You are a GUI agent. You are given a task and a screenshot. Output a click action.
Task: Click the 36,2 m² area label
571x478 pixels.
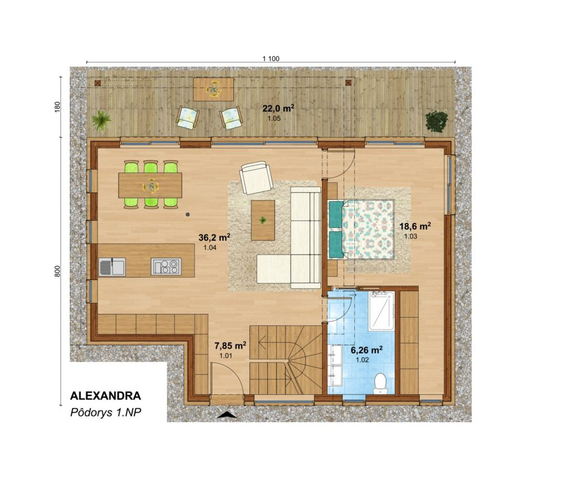(215, 238)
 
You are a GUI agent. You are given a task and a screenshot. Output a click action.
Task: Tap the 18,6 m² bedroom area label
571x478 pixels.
(415, 226)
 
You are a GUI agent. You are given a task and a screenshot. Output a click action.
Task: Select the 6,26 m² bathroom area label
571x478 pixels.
(366, 350)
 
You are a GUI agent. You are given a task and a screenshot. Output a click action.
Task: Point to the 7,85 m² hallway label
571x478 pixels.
(231, 345)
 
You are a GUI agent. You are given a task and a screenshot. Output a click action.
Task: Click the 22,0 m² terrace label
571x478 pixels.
(279, 108)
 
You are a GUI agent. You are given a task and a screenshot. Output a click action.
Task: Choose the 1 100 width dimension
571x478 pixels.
(271, 59)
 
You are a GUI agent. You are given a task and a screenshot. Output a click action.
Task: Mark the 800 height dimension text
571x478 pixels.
(57, 271)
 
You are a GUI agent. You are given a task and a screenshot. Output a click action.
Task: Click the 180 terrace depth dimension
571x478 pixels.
(57, 107)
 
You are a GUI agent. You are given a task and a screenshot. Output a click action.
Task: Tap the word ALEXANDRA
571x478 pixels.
(105, 396)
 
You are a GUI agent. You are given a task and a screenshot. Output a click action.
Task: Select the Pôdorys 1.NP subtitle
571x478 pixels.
(105, 413)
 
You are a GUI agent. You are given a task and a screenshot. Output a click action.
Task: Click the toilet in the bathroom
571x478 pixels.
(380, 384)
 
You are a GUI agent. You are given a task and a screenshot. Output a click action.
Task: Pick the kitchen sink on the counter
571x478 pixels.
(112, 267)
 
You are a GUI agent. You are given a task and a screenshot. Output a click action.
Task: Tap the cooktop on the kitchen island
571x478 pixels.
(166, 266)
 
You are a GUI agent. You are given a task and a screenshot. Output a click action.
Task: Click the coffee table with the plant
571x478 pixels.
(263, 220)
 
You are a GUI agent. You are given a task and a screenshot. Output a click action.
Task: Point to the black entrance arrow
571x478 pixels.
(227, 415)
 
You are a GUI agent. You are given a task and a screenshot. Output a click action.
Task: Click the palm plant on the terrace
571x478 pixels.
(101, 120)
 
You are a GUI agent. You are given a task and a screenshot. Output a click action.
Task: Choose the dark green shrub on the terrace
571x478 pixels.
(437, 121)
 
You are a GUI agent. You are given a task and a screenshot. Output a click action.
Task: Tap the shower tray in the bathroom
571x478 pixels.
(381, 311)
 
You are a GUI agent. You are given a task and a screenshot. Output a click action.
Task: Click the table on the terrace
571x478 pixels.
(213, 89)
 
